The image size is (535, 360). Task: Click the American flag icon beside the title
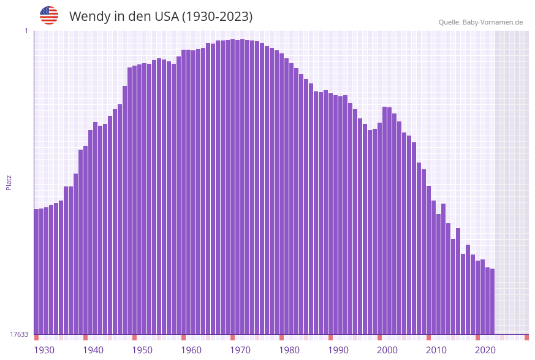pyautogui.click(x=49, y=15)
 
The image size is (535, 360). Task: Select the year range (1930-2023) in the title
pyautogui.click(x=217, y=17)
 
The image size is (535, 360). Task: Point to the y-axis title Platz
pyautogui.click(x=9, y=182)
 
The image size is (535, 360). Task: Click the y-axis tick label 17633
pyautogui.click(x=19, y=334)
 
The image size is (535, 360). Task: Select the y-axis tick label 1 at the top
pyautogui.click(x=26, y=31)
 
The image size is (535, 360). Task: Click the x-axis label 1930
pyautogui.click(x=44, y=350)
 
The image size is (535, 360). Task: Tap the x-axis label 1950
pyautogui.click(x=142, y=350)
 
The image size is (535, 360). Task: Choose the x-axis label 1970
pyautogui.click(x=240, y=350)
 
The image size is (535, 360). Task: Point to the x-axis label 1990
pyautogui.click(x=338, y=350)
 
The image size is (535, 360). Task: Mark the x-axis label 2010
pyautogui.click(x=436, y=350)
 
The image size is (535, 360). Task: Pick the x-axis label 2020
pyautogui.click(x=485, y=350)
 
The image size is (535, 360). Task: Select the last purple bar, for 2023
pyautogui.click(x=492, y=301)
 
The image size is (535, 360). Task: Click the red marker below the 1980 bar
pyautogui.click(x=282, y=337)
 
